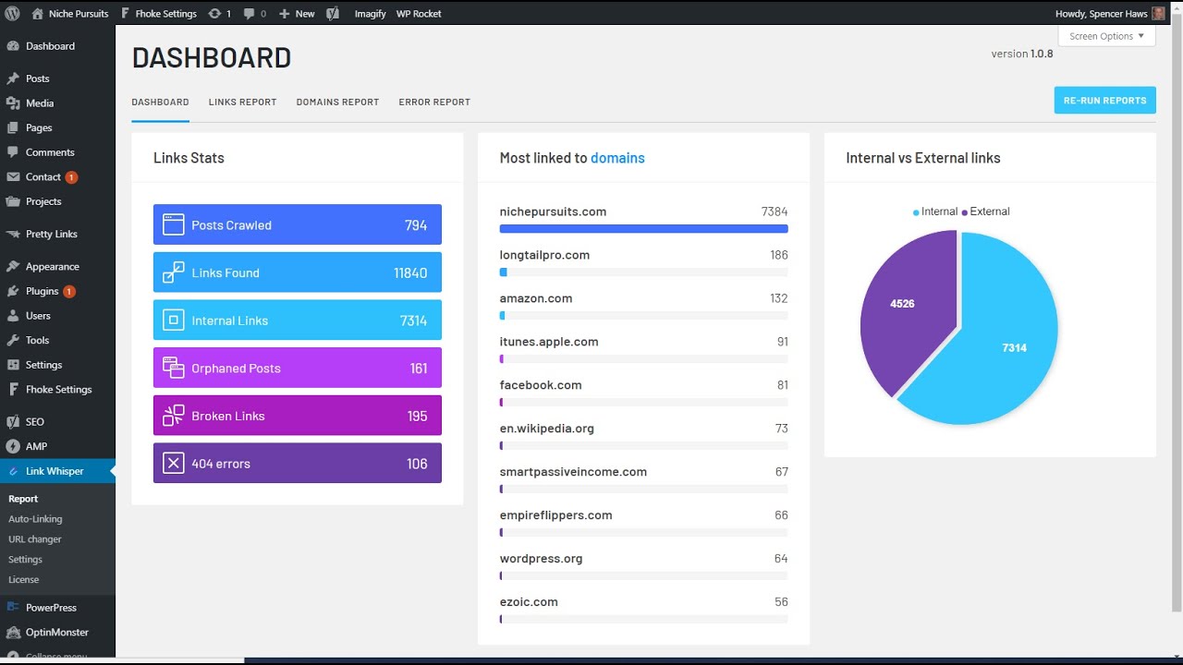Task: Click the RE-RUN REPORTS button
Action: tap(1104, 101)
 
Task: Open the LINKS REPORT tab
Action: tap(242, 103)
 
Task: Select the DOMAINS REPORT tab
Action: tap(337, 103)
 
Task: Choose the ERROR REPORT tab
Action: tap(434, 103)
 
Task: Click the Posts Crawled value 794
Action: tap(415, 225)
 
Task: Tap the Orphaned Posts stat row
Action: tap(297, 369)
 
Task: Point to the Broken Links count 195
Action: tap(417, 417)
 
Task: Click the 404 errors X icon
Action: tap(173, 464)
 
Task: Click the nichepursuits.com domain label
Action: tap(553, 212)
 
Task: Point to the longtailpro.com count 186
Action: tap(778, 255)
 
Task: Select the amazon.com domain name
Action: tap(536, 298)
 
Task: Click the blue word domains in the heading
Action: tap(617, 158)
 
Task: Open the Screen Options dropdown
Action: tap(1106, 36)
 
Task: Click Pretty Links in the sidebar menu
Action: tap(52, 235)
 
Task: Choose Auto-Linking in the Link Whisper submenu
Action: tap(35, 519)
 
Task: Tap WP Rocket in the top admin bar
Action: tap(419, 14)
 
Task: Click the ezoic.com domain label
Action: tap(529, 602)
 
